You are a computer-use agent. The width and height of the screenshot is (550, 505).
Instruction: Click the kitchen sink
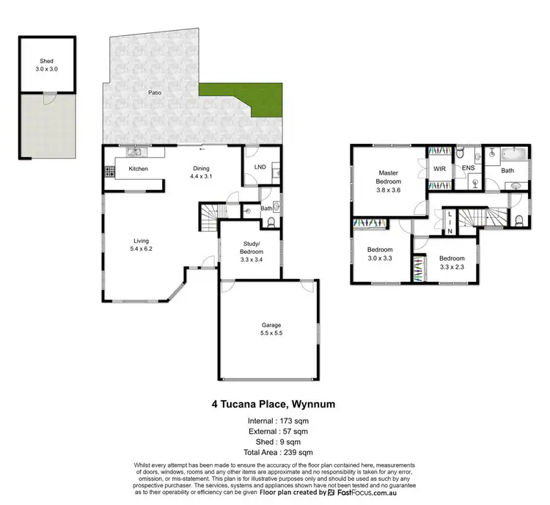[134, 153]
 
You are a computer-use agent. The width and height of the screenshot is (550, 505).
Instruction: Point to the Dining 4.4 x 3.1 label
[200, 172]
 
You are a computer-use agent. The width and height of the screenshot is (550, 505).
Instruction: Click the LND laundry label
[260, 167]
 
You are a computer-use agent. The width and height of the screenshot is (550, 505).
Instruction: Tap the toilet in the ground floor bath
[276, 207]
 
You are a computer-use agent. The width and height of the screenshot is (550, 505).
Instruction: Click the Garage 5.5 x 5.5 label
[271, 329]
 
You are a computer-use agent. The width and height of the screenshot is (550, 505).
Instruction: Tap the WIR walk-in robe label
[439, 169]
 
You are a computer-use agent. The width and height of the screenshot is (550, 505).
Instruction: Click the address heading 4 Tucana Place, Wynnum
[274, 403]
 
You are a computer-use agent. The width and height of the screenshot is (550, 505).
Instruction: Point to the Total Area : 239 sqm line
[274, 451]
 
